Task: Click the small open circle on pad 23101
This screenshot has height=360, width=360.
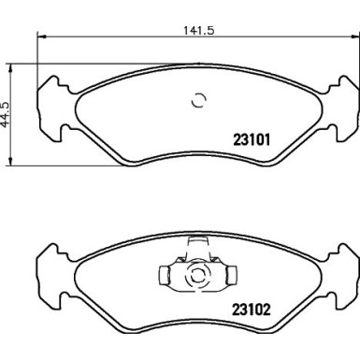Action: click(198, 102)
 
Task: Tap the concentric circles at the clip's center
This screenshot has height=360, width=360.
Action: click(196, 276)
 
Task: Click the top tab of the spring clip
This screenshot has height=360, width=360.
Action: click(196, 244)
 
